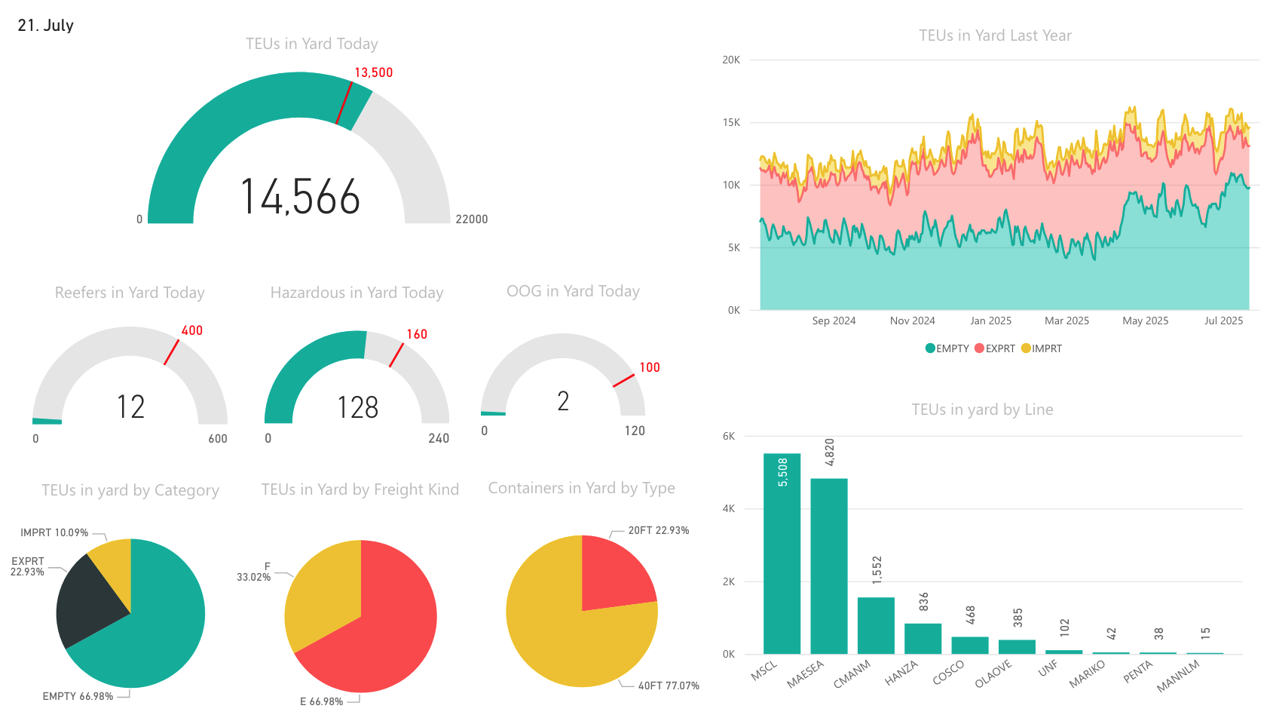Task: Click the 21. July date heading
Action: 45,26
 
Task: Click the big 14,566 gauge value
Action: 300,198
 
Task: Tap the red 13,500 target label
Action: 373,72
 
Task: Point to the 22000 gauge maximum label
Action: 471,219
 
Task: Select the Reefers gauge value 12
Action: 130,407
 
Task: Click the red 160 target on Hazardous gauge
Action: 416,334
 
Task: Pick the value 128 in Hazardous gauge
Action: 357,408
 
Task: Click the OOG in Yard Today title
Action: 572,291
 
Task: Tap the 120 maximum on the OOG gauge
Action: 634,431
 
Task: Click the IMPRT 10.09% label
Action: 54,532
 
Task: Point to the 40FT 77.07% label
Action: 668,686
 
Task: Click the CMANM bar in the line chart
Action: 876,625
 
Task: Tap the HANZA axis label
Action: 901,673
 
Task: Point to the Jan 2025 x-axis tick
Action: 990,321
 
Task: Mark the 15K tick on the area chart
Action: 731,122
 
